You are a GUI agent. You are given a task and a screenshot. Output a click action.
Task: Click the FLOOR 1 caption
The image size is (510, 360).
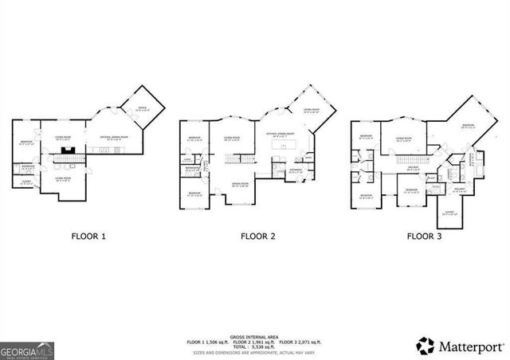89,237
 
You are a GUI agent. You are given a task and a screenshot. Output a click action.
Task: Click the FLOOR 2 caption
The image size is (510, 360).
258,237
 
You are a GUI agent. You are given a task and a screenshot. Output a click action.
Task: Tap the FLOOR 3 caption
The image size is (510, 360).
424,237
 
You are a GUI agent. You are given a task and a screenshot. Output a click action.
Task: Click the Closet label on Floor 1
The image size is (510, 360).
26,182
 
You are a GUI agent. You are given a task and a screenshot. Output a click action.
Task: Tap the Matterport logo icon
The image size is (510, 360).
426,346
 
